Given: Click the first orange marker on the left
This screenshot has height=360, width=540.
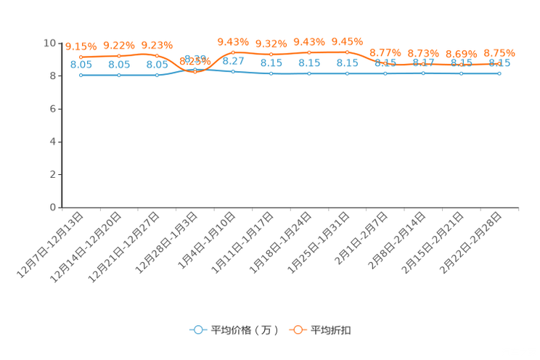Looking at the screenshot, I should [x=81, y=57].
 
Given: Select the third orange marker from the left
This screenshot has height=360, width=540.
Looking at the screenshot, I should [x=157, y=55].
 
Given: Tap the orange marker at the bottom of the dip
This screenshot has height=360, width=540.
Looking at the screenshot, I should [x=195, y=72].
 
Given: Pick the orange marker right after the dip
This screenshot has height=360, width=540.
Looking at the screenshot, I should [x=233, y=52].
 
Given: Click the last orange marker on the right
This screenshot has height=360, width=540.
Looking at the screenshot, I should [x=499, y=64].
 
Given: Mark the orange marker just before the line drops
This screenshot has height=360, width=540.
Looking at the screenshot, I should [x=348, y=52].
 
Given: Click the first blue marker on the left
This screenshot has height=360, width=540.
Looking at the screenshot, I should [x=81, y=75].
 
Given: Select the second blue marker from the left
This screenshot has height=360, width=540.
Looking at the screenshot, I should [x=118, y=75].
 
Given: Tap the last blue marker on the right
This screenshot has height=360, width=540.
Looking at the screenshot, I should [x=499, y=73].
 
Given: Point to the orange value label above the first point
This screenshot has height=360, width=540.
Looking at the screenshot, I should [x=81, y=46].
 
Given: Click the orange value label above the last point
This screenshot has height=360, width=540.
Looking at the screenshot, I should [x=499, y=53].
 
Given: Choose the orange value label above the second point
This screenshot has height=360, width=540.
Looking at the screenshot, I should [x=118, y=45].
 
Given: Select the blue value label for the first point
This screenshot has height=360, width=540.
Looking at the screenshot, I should [x=81, y=65].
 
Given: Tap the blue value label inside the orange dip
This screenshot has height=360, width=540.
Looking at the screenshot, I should [x=195, y=58].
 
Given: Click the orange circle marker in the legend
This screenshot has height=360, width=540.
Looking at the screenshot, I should [x=298, y=330].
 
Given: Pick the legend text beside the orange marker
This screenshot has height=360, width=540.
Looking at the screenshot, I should [x=331, y=330].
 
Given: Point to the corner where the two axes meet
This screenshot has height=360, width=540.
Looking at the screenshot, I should [x=62, y=208].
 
